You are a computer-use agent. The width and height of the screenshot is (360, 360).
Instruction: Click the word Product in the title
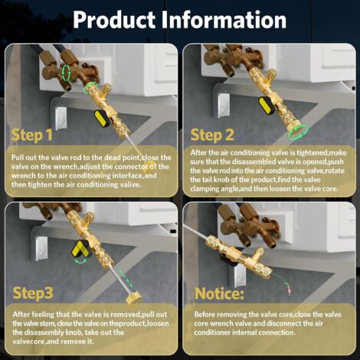tap(114, 20)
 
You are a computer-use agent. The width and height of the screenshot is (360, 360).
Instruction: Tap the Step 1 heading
tap(32, 136)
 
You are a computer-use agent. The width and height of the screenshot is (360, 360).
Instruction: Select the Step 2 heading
tap(212, 135)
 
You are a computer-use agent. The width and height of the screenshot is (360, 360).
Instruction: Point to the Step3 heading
tap(33, 293)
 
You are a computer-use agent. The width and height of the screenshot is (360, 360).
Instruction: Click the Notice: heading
tap(219, 293)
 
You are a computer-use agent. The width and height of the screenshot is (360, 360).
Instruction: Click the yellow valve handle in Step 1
tap(101, 119)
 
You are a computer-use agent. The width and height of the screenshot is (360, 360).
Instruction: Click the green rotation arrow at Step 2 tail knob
tap(298, 133)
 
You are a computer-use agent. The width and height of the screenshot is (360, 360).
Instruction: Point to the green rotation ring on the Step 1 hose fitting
tap(67, 73)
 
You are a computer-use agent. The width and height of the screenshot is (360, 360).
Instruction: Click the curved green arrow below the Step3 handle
tap(80, 261)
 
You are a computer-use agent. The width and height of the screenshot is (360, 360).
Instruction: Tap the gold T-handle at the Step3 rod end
tap(134, 297)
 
